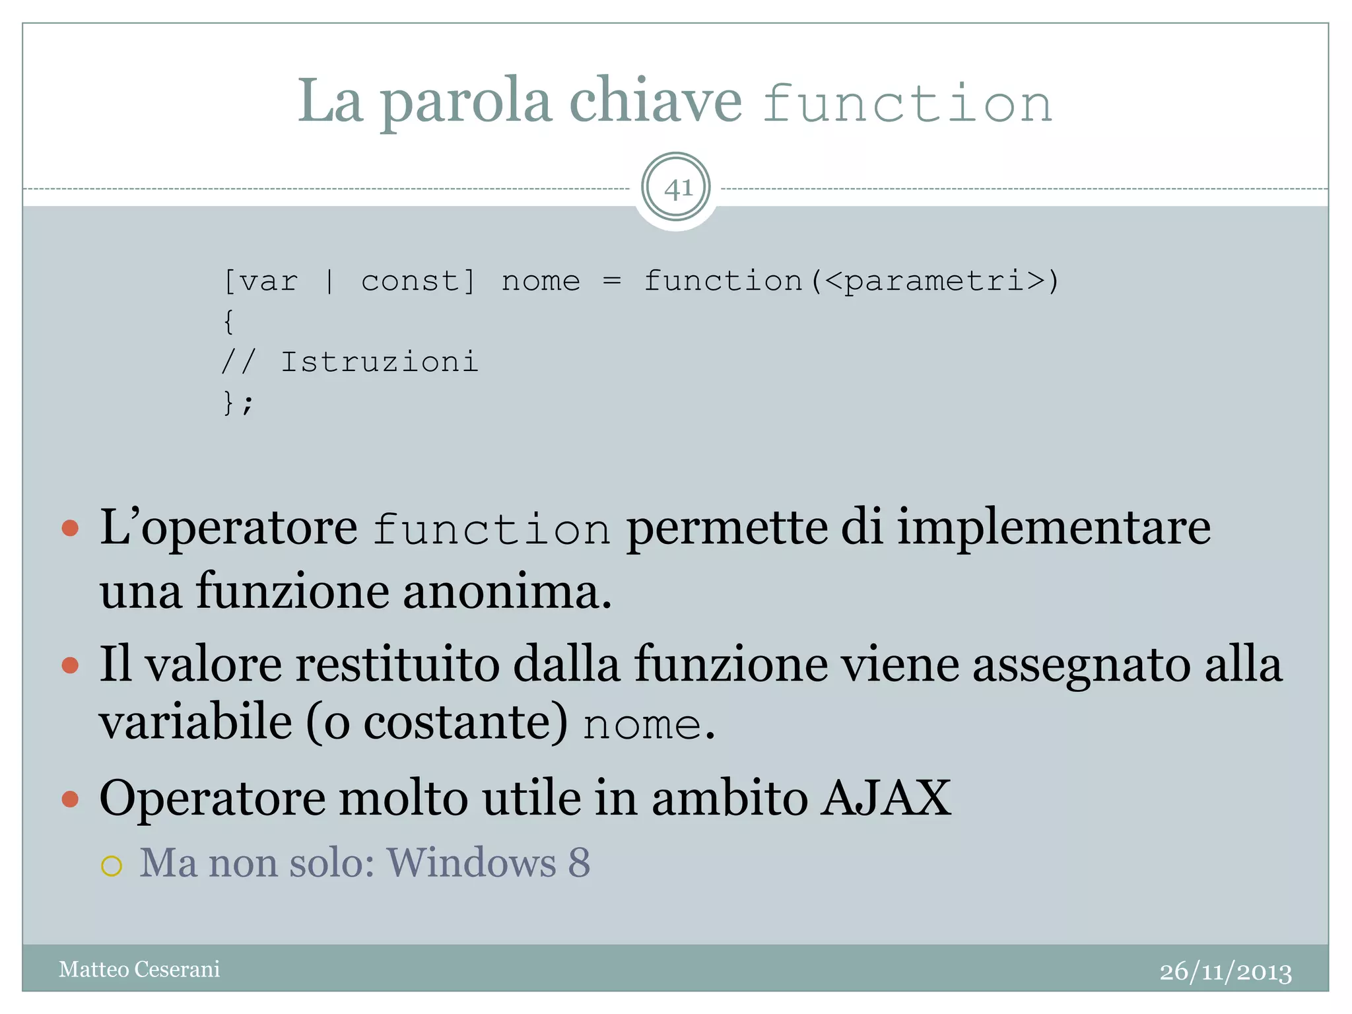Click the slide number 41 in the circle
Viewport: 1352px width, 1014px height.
pyautogui.click(x=677, y=189)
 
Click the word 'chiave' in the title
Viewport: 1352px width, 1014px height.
pyautogui.click(x=656, y=101)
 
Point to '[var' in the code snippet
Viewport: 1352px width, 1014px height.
pyautogui.click(x=261, y=282)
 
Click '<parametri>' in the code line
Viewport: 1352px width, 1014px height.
pyautogui.click(x=934, y=282)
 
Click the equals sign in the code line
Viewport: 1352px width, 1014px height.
pyautogui.click(x=612, y=282)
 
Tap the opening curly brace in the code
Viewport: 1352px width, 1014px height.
pyautogui.click(x=228, y=322)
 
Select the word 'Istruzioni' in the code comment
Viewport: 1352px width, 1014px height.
pyautogui.click(x=379, y=362)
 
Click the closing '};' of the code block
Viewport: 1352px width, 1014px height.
pyautogui.click(x=238, y=403)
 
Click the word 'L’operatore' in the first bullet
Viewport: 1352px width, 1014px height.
pyautogui.click(x=228, y=528)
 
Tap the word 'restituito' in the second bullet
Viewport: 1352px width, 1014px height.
pyautogui.click(x=397, y=664)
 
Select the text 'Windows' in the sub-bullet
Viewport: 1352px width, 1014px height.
pyautogui.click(x=471, y=863)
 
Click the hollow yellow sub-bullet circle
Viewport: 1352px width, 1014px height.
pyautogui.click(x=112, y=865)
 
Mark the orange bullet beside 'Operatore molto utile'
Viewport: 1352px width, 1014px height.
pyautogui.click(x=70, y=800)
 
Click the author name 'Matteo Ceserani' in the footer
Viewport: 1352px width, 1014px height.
pyautogui.click(x=139, y=969)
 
